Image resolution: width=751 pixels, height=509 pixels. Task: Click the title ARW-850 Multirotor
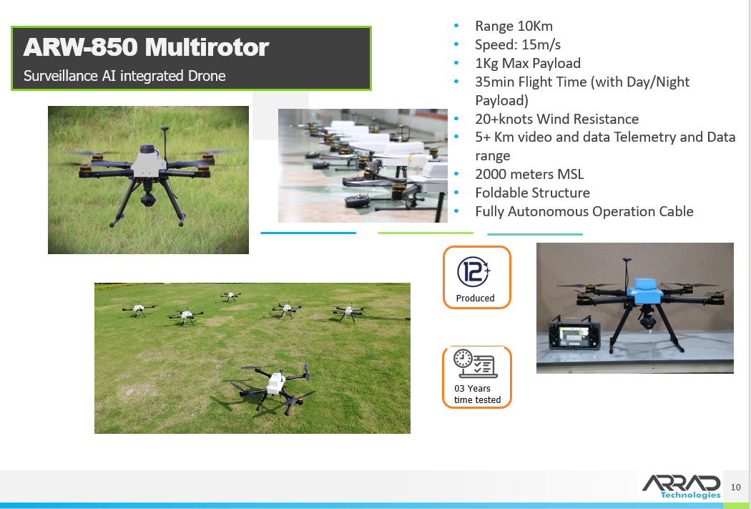(x=146, y=47)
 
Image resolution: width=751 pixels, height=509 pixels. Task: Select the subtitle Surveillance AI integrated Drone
(x=124, y=76)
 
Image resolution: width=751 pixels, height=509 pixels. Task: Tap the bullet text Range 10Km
(x=514, y=26)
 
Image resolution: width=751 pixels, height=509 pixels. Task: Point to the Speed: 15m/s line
(x=519, y=44)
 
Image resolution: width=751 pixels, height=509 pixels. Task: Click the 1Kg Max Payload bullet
(x=527, y=63)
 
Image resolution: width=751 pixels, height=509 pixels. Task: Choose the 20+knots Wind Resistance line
(x=556, y=119)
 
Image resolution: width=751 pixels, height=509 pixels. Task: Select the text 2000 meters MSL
(x=529, y=174)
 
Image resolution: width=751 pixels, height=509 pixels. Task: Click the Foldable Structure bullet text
(x=532, y=193)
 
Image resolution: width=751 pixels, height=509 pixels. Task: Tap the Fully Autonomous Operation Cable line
(x=584, y=211)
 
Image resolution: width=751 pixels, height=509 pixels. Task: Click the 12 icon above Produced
(x=473, y=271)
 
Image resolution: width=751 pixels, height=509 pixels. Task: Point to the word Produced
(x=476, y=298)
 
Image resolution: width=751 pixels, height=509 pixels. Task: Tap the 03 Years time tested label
(x=477, y=394)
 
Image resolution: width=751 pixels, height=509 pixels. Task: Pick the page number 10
(x=736, y=488)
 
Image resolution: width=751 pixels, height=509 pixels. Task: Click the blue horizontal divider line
(x=308, y=233)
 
